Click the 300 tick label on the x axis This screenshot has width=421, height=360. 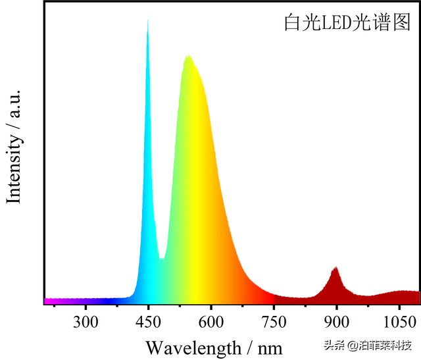pyautogui.click(x=86, y=322)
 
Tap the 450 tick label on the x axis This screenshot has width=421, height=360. pyautogui.click(x=148, y=322)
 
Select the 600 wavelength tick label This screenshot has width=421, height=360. pyautogui.click(x=210, y=322)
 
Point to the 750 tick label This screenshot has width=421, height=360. pyautogui.click(x=274, y=322)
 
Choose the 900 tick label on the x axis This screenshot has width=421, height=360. pyautogui.click(x=336, y=322)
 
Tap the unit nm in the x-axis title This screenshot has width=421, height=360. pyautogui.click(x=270, y=347)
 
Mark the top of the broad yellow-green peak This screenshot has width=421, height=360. pyautogui.click(x=188, y=57)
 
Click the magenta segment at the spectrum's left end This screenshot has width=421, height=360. pyautogui.click(x=53, y=301)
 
